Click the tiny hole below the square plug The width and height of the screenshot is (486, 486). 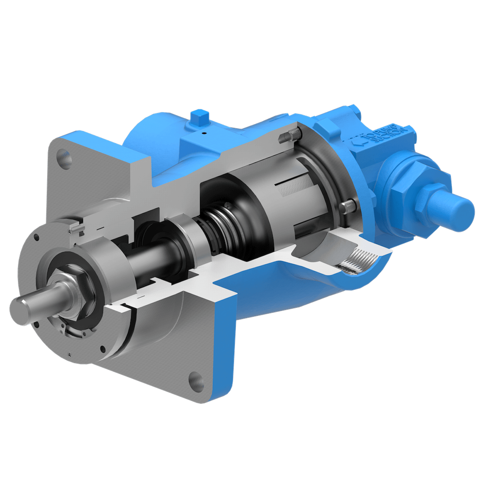204,133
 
